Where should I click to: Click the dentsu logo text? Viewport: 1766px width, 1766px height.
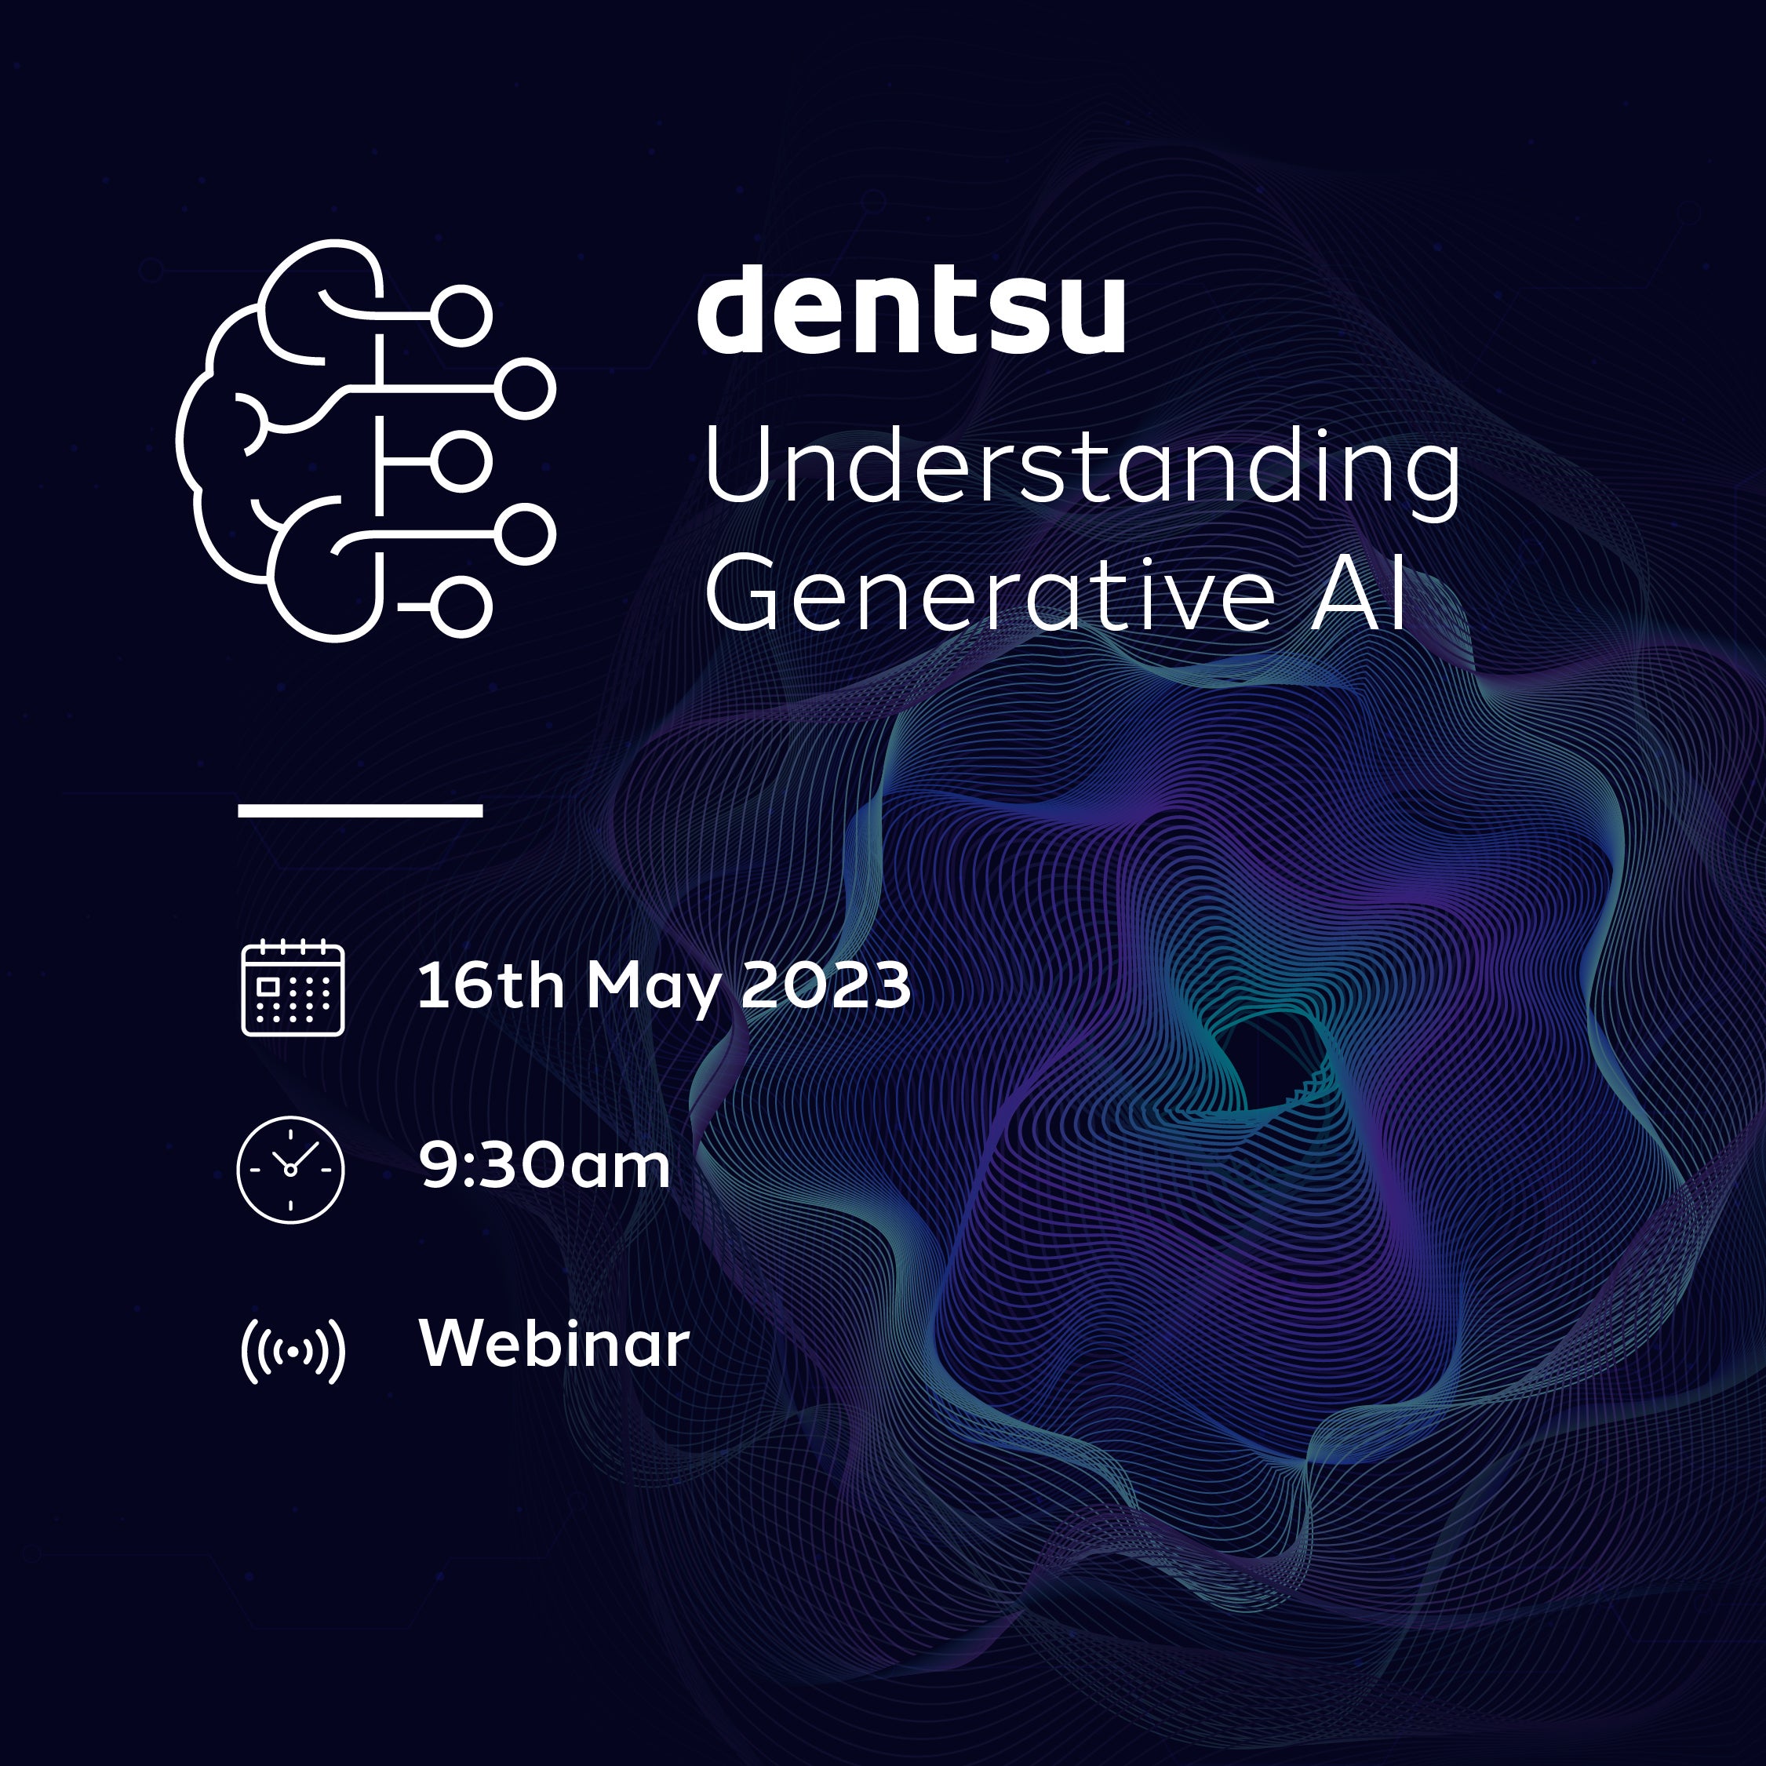(912, 309)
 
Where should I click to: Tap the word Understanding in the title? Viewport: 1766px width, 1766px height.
(1082, 469)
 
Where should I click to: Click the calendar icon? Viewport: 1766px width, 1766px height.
(293, 988)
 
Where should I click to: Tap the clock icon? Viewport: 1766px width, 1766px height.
(291, 1169)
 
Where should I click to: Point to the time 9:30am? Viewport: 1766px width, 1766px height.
(544, 1166)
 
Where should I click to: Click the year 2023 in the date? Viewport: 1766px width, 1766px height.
(825, 985)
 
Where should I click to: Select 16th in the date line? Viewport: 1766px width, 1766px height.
(491, 985)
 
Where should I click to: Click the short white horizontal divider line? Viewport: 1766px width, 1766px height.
(360, 810)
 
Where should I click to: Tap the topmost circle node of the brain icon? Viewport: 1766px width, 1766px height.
(461, 316)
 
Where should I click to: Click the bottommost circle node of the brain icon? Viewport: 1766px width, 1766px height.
(461, 607)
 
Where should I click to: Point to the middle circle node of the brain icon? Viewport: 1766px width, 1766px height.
(461, 461)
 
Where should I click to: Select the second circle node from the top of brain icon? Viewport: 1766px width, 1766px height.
(526, 388)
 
